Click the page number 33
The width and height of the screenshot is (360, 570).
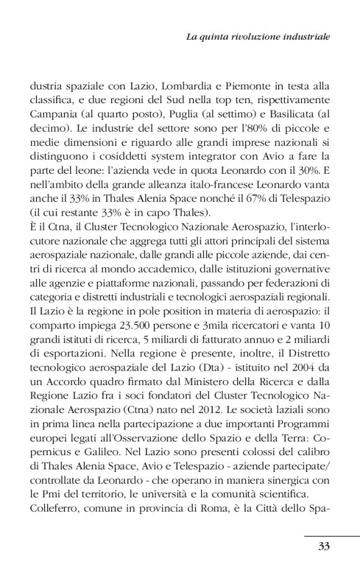323,546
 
